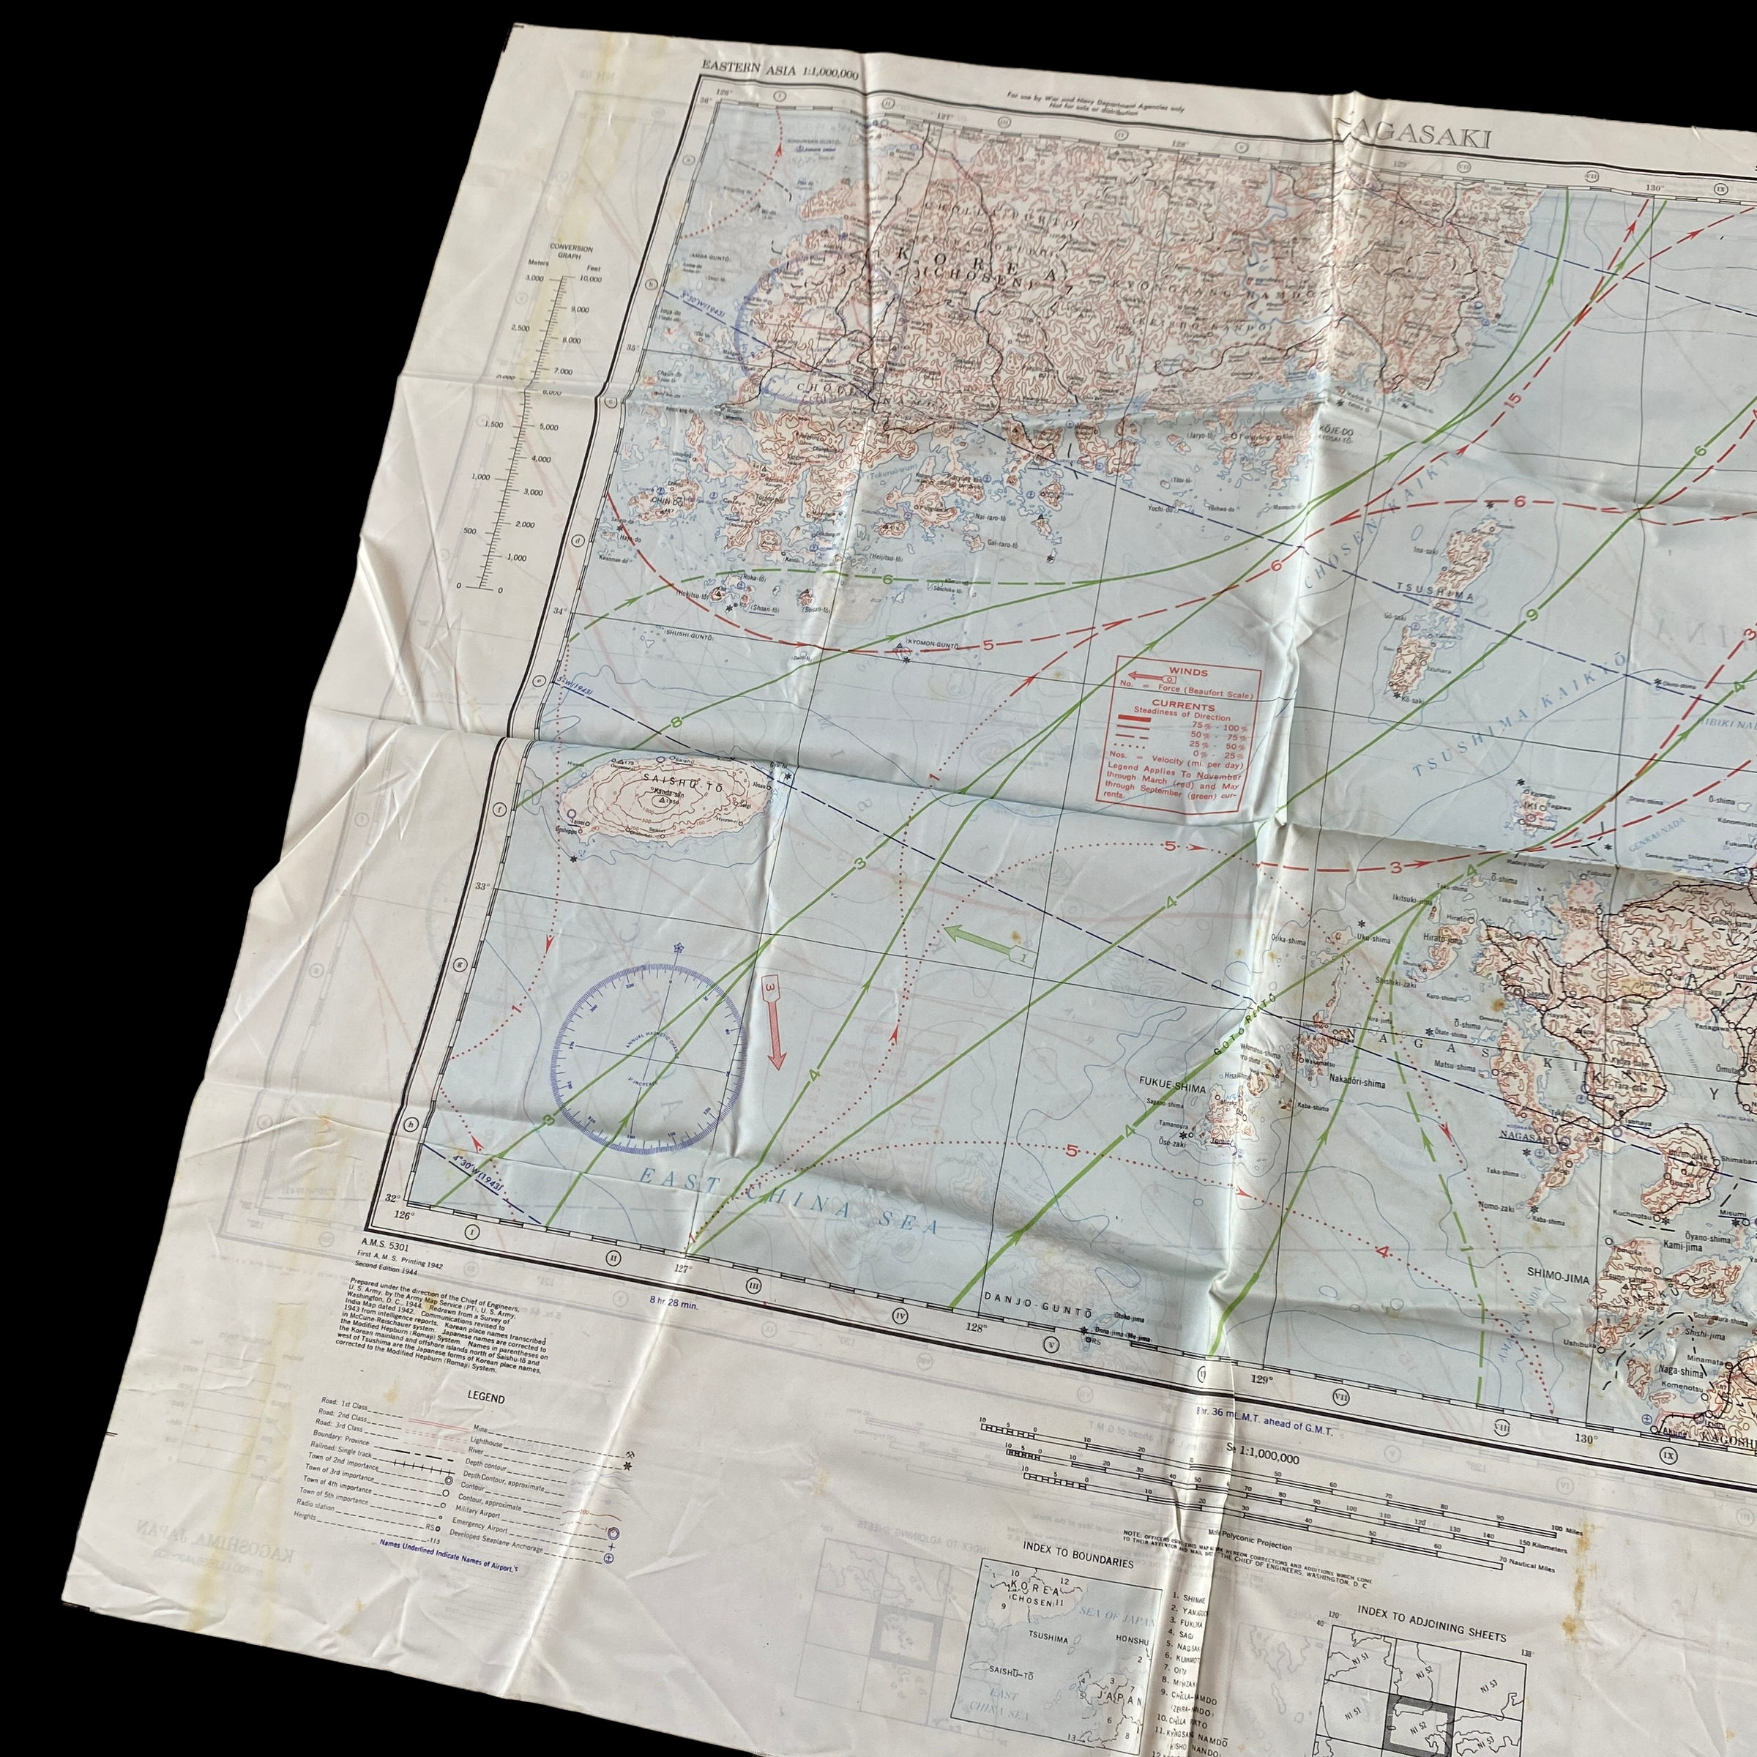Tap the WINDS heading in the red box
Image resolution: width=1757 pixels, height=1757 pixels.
pos(1190,672)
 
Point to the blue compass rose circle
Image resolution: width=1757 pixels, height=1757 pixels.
pos(647,1051)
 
